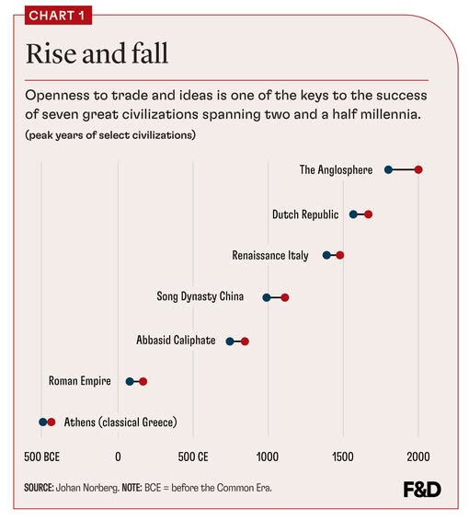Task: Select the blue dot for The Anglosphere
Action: [388, 170]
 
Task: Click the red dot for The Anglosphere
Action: [418, 170]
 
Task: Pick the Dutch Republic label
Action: [307, 214]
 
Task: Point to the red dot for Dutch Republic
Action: [368, 214]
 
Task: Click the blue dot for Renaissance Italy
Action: [326, 255]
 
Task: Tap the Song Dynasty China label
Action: [208, 297]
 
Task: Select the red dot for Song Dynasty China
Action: [285, 297]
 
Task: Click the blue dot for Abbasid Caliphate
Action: [230, 341]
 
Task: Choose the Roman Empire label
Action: [80, 381]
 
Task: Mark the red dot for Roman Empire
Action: [143, 381]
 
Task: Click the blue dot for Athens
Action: [42, 422]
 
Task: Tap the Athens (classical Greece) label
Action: [120, 422]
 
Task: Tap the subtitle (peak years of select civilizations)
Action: [110, 135]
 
